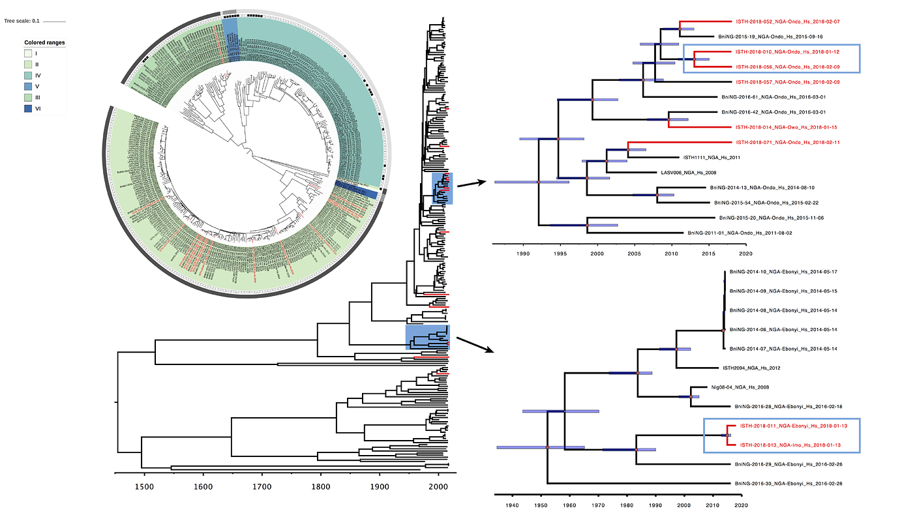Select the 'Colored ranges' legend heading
click(44, 42)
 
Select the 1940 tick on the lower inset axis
click(512, 505)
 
